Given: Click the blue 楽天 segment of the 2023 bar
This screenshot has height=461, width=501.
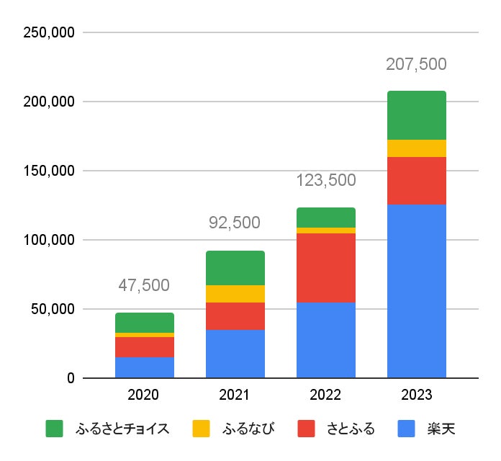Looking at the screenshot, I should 416,291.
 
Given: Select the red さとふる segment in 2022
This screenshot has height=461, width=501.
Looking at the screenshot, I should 325,267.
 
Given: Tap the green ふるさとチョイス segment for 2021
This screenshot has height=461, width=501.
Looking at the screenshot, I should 235,268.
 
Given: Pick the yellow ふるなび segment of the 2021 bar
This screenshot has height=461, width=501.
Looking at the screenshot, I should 235,294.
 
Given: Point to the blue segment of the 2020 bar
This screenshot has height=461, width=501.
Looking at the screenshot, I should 144,367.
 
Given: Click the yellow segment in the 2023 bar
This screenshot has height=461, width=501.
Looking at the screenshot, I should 416,148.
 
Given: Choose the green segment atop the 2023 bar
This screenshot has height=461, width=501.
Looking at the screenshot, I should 416,115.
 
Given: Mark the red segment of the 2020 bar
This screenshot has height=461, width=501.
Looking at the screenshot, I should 144,347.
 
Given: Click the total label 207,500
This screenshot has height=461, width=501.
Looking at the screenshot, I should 416,64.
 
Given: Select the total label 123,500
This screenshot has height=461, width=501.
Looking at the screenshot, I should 325,181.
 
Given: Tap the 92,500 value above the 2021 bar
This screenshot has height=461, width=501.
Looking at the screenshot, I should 235,223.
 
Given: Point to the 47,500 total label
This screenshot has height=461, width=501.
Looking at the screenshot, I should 144,285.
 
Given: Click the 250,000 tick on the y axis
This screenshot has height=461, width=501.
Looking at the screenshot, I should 50,32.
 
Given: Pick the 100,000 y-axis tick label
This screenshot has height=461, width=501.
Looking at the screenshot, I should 50,240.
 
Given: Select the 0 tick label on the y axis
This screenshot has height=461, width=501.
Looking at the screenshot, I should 70,378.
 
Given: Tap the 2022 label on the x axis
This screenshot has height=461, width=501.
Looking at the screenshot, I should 325,395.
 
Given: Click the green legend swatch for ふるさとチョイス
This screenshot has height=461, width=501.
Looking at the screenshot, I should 55,429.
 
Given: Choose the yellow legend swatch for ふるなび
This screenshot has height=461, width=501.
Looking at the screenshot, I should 201,429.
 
